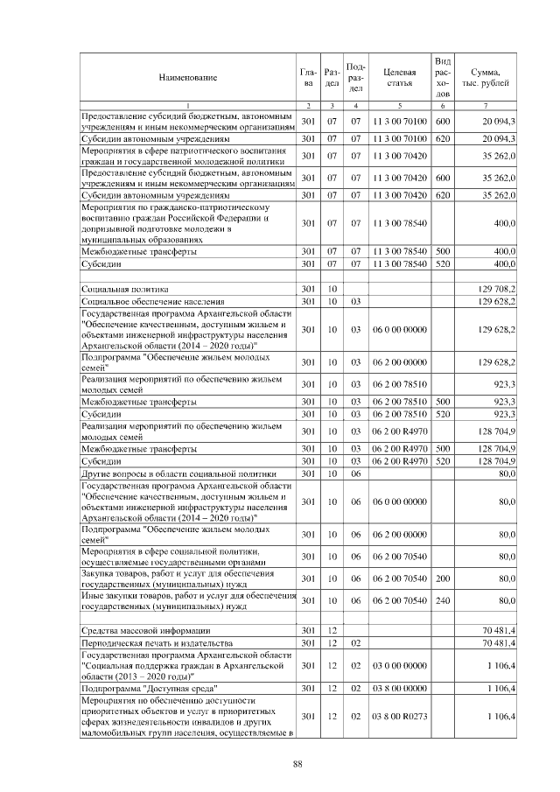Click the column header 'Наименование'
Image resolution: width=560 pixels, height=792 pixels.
click(x=187, y=78)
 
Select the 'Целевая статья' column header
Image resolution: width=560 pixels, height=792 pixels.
click(x=399, y=78)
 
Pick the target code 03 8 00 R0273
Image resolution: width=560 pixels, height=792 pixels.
click(x=399, y=717)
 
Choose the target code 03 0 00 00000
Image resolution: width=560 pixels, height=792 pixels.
click(x=399, y=665)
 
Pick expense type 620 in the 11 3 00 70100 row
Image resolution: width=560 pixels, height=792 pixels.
click(x=443, y=138)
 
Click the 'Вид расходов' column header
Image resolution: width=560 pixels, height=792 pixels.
click(x=443, y=78)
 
